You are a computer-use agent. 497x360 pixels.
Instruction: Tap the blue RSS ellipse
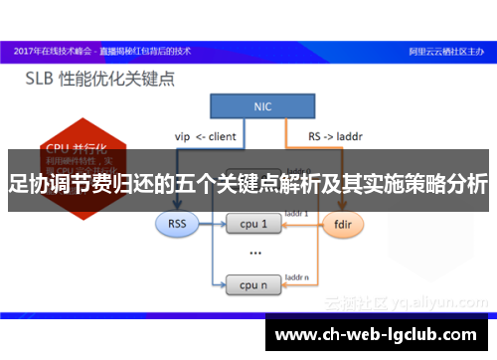coord(178,224)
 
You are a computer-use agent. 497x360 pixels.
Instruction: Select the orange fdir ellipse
coord(341,224)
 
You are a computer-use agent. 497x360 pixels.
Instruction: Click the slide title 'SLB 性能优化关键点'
coord(106,77)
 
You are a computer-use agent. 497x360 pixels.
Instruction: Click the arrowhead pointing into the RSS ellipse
coord(178,206)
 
